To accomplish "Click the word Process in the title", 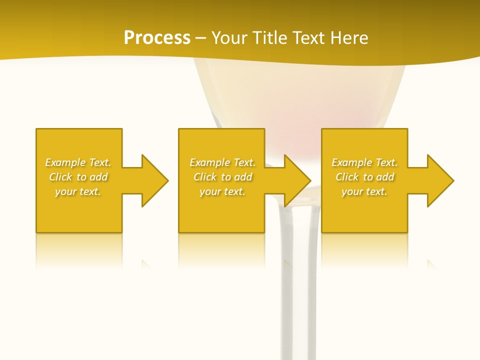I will point(157,38).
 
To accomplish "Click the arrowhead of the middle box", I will point(297,180).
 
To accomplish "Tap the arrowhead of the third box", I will point(440,180).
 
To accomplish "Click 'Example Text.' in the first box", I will point(78,162).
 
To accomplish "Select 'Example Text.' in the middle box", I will point(222,162).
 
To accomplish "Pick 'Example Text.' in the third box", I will point(364,162).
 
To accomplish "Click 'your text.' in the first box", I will point(78,191).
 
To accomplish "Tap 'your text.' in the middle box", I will point(222,191).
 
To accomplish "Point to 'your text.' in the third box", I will point(364,191).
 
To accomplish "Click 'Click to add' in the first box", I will point(78,177).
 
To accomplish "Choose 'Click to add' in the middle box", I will point(222,177).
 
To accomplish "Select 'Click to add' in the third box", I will point(364,177).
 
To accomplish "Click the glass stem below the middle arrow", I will point(299,280).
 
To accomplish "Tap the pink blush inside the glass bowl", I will point(292,125).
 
